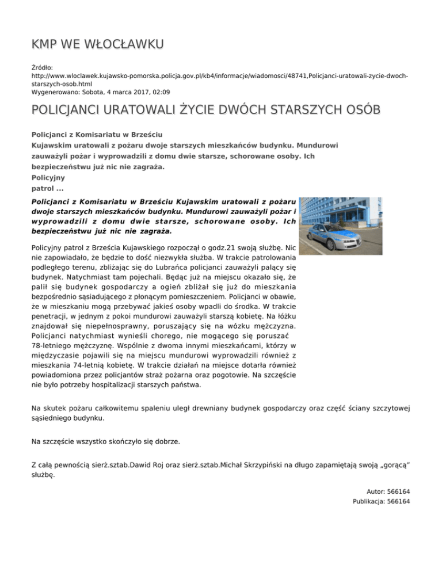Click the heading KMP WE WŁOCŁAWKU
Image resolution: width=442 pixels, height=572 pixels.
click(x=98, y=44)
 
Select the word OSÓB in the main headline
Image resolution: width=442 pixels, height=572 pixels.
click(x=360, y=109)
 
